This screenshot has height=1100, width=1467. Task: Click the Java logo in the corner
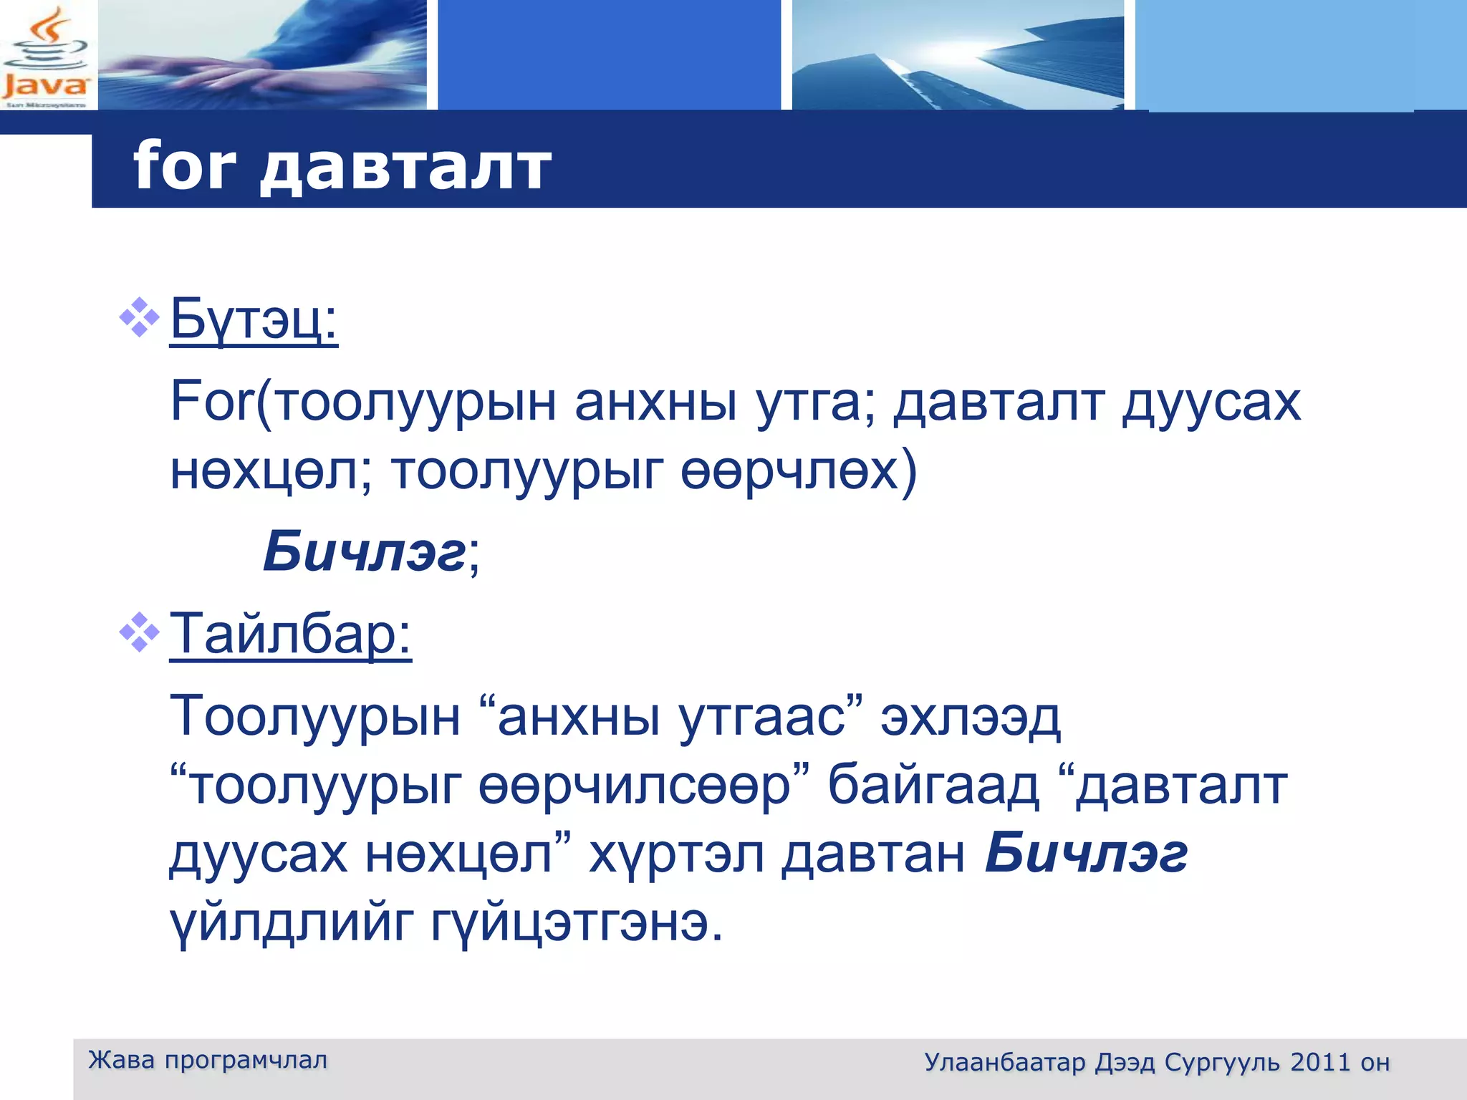(46, 56)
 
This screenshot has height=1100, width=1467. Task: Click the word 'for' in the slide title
(184, 166)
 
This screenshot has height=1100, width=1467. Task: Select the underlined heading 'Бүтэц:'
(254, 320)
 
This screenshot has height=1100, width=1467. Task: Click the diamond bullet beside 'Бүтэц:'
(139, 316)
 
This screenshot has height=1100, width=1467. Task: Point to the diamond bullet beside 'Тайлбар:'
(139, 632)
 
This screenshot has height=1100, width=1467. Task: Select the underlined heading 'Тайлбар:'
(290, 635)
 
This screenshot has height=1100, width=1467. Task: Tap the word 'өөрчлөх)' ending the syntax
(798, 471)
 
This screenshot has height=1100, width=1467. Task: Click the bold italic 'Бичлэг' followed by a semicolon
(365, 552)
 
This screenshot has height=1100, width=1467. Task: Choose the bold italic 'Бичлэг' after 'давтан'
(1086, 854)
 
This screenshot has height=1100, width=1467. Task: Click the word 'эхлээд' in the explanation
(970, 717)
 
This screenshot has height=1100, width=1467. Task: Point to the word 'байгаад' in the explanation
(933, 786)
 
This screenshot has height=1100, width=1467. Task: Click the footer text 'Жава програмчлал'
(208, 1060)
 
